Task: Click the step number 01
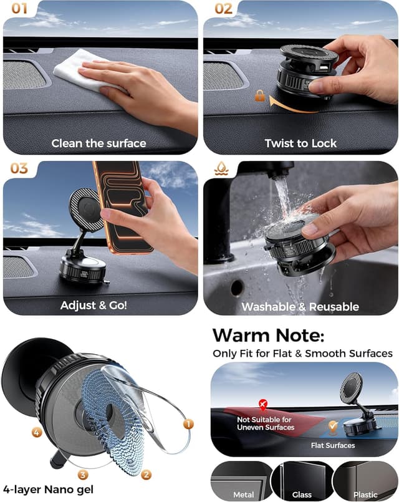(16, 9)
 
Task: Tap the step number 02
(223, 9)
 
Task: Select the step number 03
(19, 168)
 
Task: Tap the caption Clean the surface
(99, 143)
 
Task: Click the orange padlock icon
(259, 95)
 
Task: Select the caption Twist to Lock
(300, 143)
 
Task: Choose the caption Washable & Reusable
(300, 306)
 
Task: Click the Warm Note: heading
(268, 335)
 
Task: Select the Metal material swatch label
(243, 495)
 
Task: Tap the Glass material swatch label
(302, 495)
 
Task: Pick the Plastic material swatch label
(365, 495)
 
